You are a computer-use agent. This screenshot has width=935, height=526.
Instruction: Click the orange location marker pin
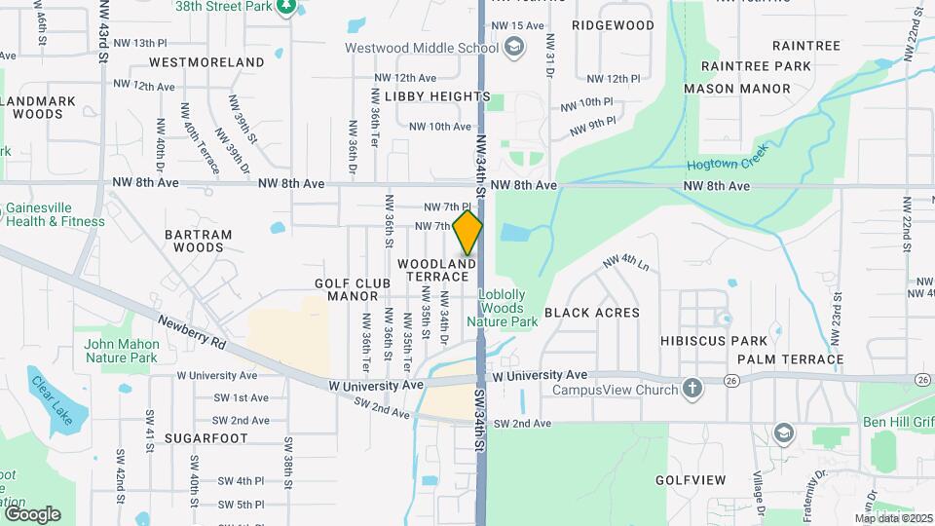tap(467, 232)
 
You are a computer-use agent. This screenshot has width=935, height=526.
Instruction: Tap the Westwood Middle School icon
tap(513, 47)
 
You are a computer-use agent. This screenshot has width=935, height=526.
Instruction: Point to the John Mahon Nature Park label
tap(121, 351)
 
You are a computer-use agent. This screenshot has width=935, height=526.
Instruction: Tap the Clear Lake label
tap(49, 400)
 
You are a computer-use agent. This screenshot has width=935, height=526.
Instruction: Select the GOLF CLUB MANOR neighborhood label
tap(353, 289)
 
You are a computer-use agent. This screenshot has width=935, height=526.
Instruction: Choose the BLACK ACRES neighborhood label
tap(591, 313)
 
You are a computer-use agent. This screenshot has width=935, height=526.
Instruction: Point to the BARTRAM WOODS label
tap(199, 241)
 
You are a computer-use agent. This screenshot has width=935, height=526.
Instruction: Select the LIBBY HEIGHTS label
tap(437, 96)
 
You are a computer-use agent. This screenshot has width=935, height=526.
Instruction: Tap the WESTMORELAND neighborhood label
tap(206, 62)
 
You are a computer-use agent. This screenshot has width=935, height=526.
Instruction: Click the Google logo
tap(31, 514)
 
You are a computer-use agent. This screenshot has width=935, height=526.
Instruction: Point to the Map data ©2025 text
tap(893, 518)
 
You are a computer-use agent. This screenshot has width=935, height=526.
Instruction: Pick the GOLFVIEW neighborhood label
tap(691, 480)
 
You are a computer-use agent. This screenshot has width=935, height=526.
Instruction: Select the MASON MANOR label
tap(736, 89)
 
